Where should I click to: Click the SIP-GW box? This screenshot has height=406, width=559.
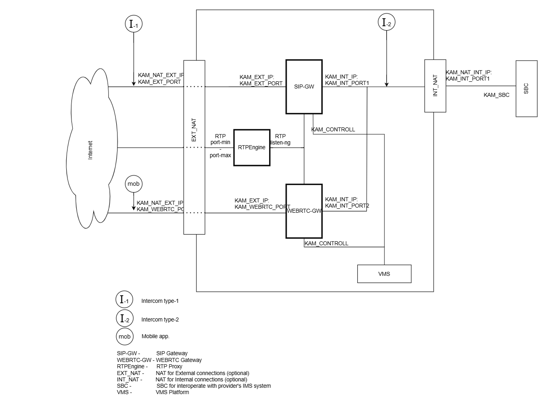click(x=304, y=87)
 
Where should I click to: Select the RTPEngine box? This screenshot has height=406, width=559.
click(x=252, y=147)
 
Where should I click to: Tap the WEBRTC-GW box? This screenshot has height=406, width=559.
click(x=304, y=211)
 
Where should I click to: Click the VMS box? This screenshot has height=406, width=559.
click(x=384, y=274)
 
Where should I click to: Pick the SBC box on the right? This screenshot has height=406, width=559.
click(x=526, y=89)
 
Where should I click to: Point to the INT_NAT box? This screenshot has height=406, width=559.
click(x=435, y=86)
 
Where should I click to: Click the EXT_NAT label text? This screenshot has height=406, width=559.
click(x=194, y=130)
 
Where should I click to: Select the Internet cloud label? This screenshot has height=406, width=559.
click(x=90, y=150)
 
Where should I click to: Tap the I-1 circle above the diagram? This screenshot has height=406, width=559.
click(x=133, y=24)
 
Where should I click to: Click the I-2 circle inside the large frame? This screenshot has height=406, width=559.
click(x=386, y=23)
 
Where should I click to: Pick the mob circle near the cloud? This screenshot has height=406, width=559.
click(x=133, y=184)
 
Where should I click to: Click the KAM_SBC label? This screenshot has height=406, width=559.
click(x=496, y=95)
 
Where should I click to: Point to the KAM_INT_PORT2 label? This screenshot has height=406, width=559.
click(x=347, y=206)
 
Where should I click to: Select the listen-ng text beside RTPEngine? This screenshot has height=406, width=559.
click(x=280, y=142)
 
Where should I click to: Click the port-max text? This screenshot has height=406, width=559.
click(x=220, y=156)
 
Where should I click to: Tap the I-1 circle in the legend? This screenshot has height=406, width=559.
click(x=124, y=300)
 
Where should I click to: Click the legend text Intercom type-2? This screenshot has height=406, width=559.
click(x=160, y=319)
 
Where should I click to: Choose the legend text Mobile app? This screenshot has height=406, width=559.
click(x=155, y=336)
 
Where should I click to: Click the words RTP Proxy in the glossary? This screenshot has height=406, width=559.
click(x=170, y=366)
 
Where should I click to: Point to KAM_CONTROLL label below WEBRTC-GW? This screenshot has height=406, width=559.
click(x=326, y=243)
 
